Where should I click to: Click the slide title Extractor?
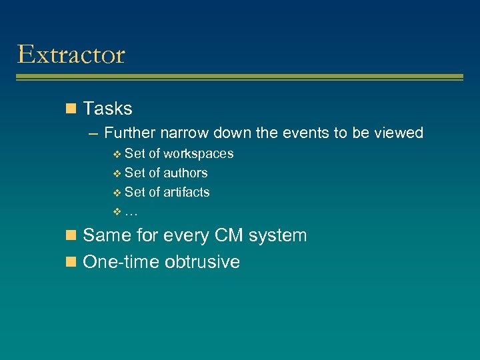tap(71, 54)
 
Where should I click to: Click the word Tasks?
tap(107, 109)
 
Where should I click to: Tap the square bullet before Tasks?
tap(71, 109)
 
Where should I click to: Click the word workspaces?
tap(199, 154)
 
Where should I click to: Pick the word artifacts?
tap(187, 193)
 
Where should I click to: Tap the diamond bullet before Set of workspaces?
tap(117, 155)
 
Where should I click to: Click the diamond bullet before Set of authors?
tap(117, 174)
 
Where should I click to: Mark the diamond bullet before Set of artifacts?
tap(117, 193)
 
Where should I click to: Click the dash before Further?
tap(94, 133)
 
